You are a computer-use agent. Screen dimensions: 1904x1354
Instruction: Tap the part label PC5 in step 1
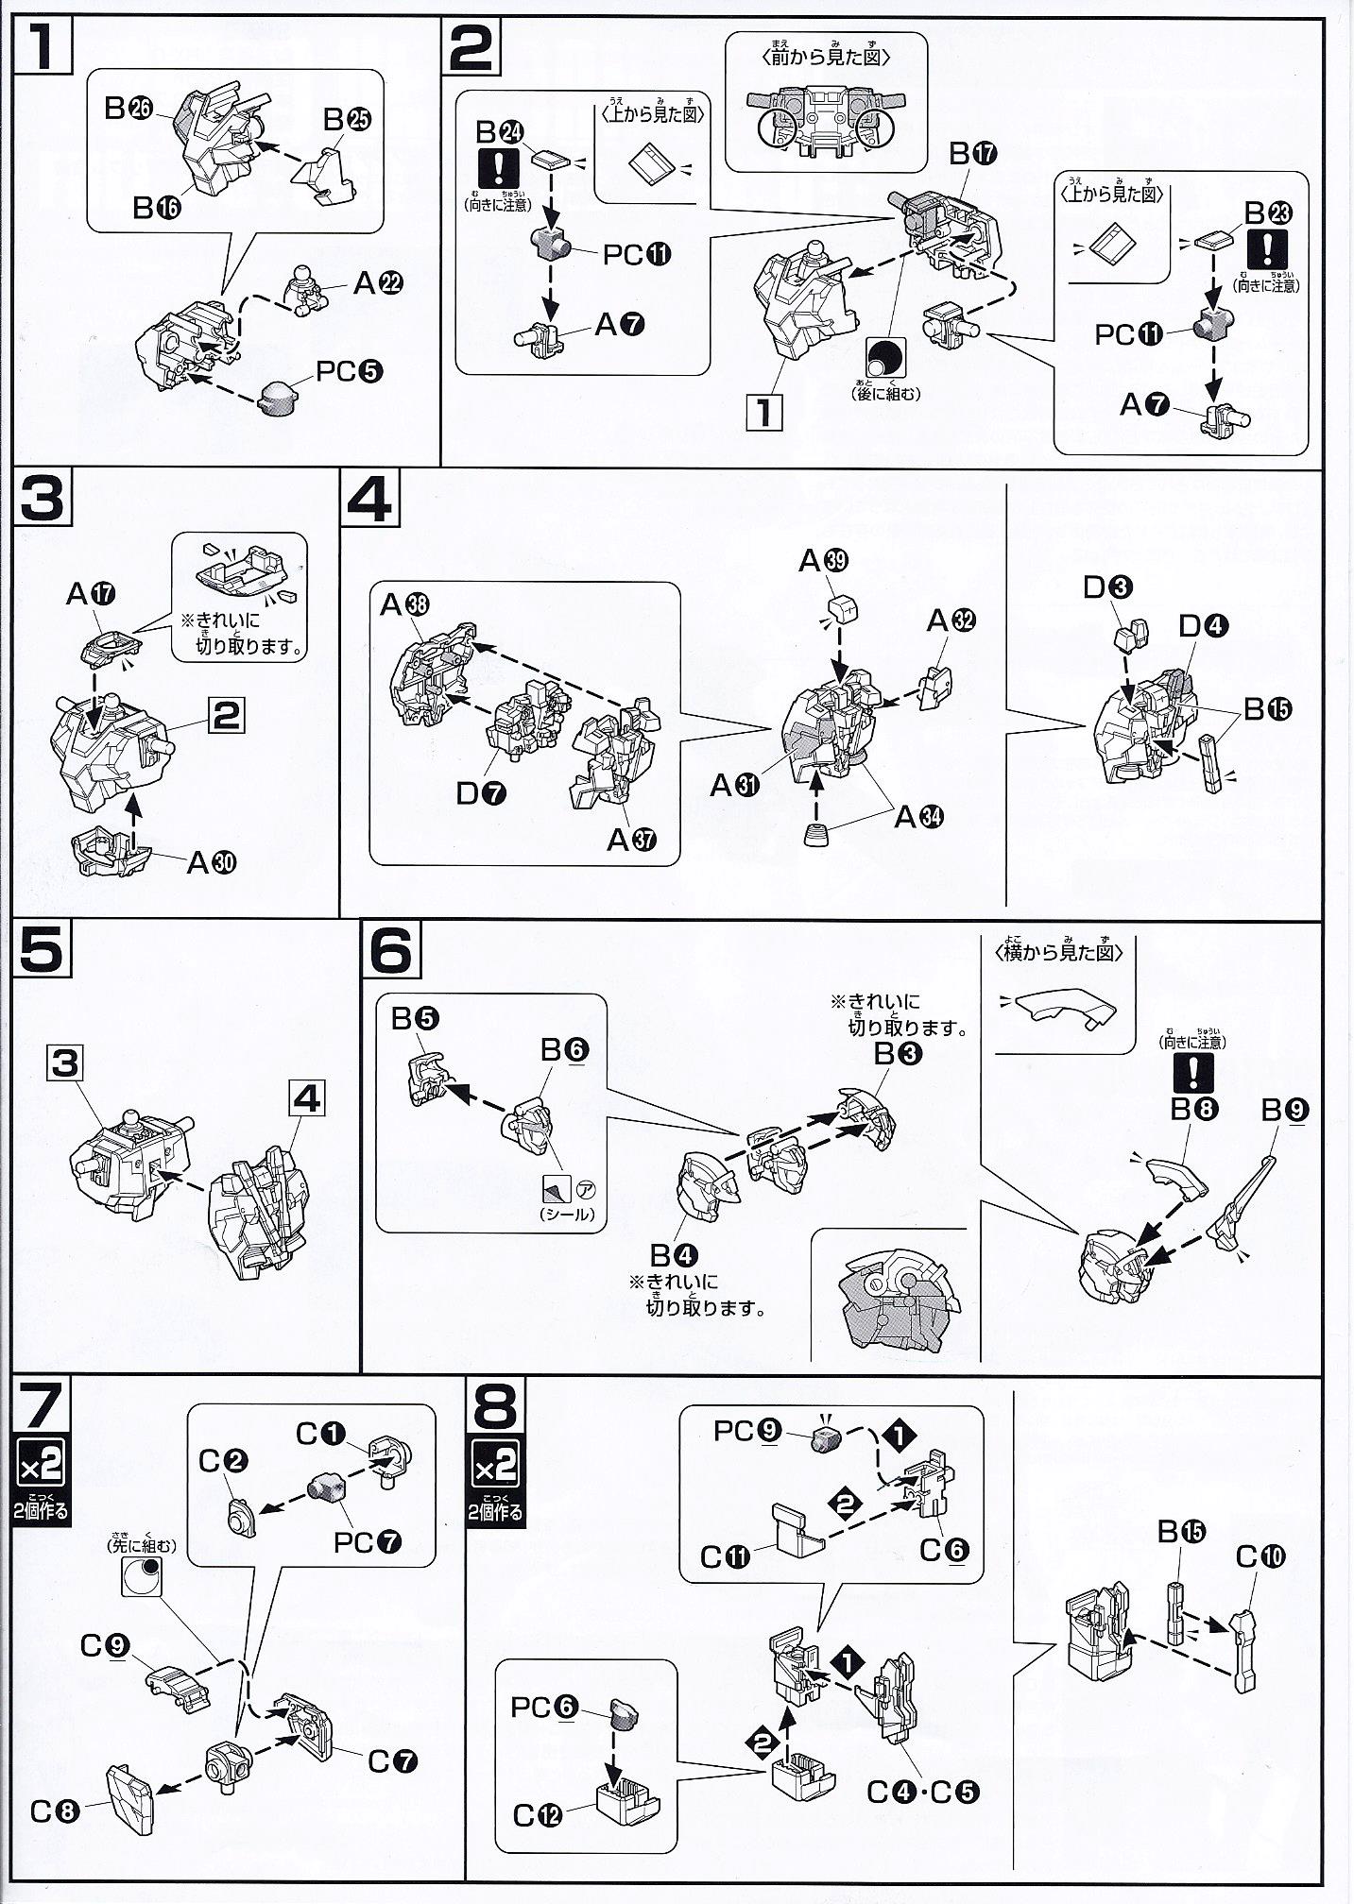(x=349, y=371)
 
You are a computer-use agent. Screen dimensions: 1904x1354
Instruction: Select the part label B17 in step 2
(x=972, y=153)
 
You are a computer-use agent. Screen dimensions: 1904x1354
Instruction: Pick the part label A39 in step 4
(x=823, y=561)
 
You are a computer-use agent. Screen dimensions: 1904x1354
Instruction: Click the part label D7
(x=481, y=793)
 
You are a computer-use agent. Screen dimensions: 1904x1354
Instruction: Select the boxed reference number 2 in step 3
(x=226, y=716)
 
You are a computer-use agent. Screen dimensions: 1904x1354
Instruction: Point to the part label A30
(x=212, y=861)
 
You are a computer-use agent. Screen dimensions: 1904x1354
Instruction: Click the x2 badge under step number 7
(x=42, y=1467)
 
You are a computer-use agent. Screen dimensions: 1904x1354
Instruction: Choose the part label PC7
(x=368, y=1542)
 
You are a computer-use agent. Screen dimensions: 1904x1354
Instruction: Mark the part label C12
(x=538, y=1815)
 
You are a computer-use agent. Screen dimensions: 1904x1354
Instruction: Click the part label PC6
(x=542, y=1707)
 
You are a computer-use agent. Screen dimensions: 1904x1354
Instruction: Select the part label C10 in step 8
(x=1260, y=1555)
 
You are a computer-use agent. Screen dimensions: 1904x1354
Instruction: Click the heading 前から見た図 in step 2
(x=825, y=57)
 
